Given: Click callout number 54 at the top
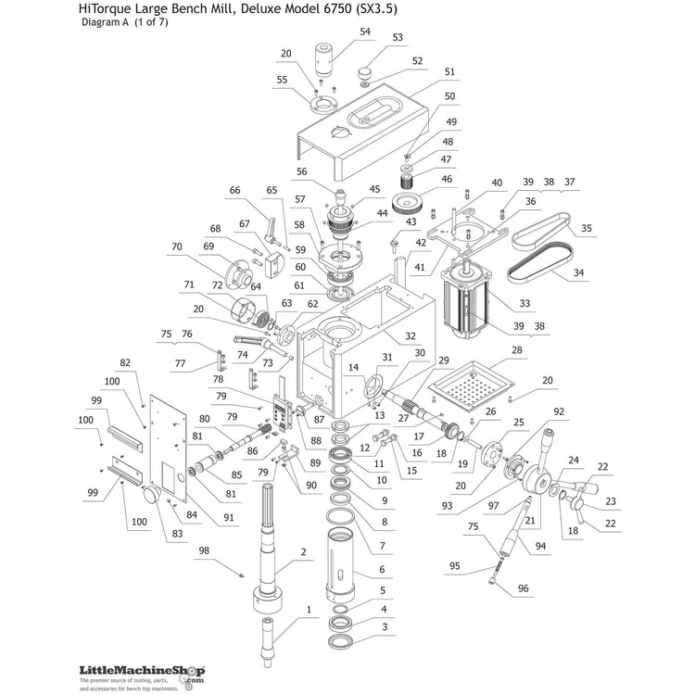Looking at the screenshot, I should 365,32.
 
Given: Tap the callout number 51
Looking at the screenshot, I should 449,71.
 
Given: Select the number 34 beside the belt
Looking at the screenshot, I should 578,272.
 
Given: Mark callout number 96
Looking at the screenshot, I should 524,588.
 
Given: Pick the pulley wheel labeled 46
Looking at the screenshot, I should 409,204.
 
